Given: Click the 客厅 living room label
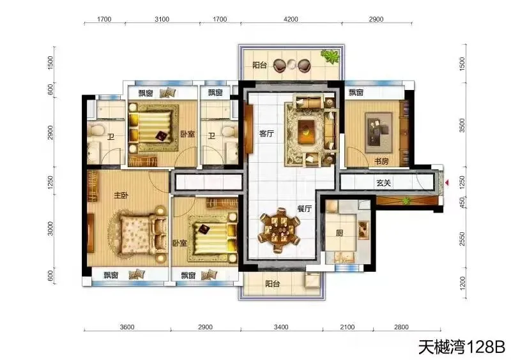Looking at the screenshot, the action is tap(266, 133).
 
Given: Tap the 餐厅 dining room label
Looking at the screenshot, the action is tap(304, 209).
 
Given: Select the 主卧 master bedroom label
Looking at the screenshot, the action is tap(121, 195).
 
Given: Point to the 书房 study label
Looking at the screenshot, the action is tap(381, 161).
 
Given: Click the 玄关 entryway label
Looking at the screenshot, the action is tap(384, 183).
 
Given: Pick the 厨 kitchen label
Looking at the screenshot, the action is tap(339, 233).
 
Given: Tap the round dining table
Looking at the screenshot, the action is tap(279, 230).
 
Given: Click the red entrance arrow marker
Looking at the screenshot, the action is tap(447, 183).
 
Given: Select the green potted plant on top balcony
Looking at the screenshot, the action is tap(330, 56).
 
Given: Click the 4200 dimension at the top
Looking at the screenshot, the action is tap(291, 19).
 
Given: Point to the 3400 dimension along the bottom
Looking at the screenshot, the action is tap(281, 327).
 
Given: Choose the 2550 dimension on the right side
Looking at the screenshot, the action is tap(462, 239).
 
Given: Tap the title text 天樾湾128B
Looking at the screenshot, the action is tap(462, 347).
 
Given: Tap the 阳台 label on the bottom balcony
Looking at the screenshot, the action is tap(273, 283).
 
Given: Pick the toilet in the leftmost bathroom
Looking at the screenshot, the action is tap(95, 130).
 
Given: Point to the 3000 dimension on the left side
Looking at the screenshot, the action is tap(50, 228).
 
